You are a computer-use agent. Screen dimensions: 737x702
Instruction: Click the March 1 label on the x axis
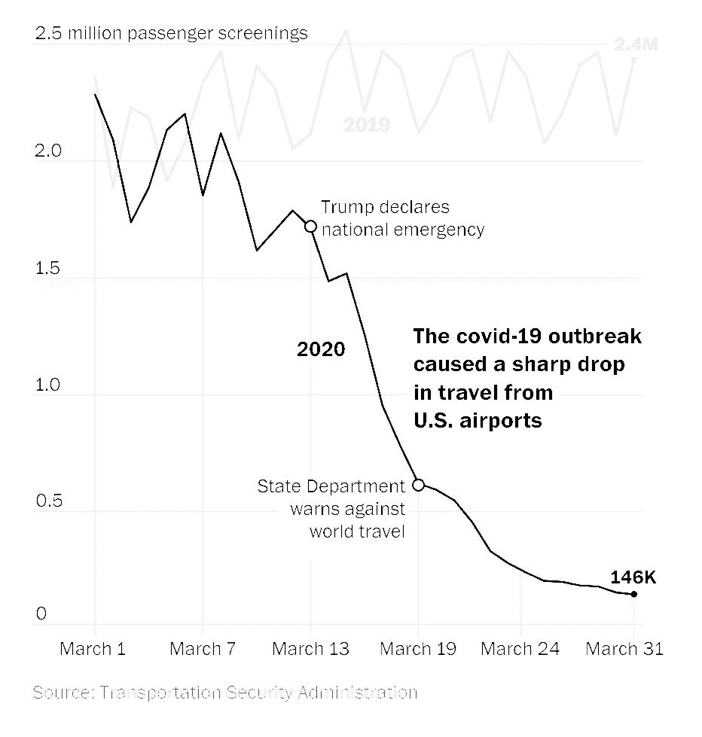pyautogui.click(x=93, y=648)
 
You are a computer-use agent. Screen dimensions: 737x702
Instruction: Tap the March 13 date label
pyautogui.click(x=310, y=648)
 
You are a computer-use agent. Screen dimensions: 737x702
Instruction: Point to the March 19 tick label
pyautogui.click(x=418, y=648)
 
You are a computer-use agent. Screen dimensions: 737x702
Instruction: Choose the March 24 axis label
pyautogui.click(x=520, y=648)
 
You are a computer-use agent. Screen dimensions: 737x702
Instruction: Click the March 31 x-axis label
pyautogui.click(x=624, y=648)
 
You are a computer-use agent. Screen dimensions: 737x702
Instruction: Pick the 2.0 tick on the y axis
pyautogui.click(x=47, y=151)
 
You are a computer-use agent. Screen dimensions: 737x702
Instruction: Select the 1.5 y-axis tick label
pyautogui.click(x=47, y=268)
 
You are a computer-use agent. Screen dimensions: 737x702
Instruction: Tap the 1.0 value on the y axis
pyautogui.click(x=47, y=385)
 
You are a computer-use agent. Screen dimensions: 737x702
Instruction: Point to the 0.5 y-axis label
pyautogui.click(x=47, y=501)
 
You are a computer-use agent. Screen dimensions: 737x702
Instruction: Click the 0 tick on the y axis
pyautogui.click(x=41, y=614)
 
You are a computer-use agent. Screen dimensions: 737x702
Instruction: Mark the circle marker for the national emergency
pyautogui.click(x=310, y=226)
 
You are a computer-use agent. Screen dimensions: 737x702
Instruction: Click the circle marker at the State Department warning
pyautogui.click(x=419, y=485)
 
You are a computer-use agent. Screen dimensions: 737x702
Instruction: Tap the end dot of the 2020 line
pyautogui.click(x=634, y=595)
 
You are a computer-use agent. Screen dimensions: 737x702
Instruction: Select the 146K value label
pyautogui.click(x=633, y=577)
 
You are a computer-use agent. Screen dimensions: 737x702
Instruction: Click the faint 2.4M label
pyautogui.click(x=636, y=45)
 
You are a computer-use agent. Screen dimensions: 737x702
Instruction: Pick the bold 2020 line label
pyautogui.click(x=321, y=349)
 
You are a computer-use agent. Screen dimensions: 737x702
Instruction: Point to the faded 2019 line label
pyautogui.click(x=367, y=125)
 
